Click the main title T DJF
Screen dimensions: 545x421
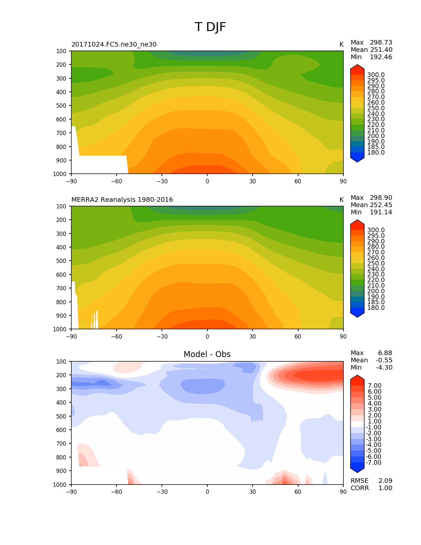(210, 27)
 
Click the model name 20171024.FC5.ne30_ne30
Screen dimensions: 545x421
(114, 45)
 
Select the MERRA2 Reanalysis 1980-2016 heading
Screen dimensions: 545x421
(122, 200)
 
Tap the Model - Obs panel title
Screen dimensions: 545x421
(207, 354)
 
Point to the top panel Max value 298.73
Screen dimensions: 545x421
(381, 43)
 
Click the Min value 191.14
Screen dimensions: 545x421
(381, 212)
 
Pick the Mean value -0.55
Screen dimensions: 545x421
(384, 360)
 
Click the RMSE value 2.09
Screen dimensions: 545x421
(385, 481)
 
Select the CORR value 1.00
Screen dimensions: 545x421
(385, 488)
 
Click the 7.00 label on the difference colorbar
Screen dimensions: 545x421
(375, 386)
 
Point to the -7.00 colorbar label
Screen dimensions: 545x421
(374, 463)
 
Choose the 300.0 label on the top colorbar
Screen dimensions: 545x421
(376, 75)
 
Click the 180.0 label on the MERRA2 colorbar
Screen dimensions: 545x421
(376, 308)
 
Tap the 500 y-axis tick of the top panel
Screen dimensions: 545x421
(62, 106)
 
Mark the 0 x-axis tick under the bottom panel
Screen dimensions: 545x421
(207, 492)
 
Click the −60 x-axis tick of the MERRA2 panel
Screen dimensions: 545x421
(117, 337)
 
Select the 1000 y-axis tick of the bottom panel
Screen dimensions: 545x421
(60, 485)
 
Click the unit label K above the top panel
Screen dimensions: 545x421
(341, 45)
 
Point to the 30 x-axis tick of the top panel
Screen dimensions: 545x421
(253, 181)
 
